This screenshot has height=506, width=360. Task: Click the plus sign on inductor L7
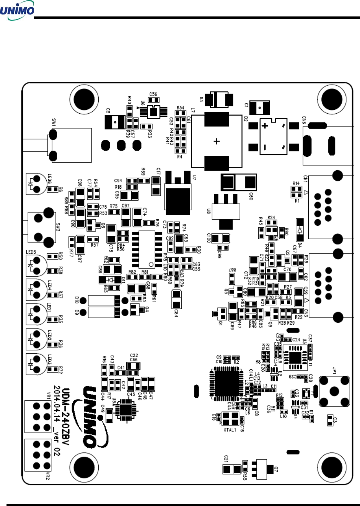pos(217,141)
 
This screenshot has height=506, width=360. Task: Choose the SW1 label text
pos(54,123)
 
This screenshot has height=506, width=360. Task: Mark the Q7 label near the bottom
pos(276,469)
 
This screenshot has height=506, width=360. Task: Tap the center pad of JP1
pos(334,391)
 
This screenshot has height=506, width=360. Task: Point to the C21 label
pos(226,459)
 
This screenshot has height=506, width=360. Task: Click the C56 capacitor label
pos(153,94)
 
